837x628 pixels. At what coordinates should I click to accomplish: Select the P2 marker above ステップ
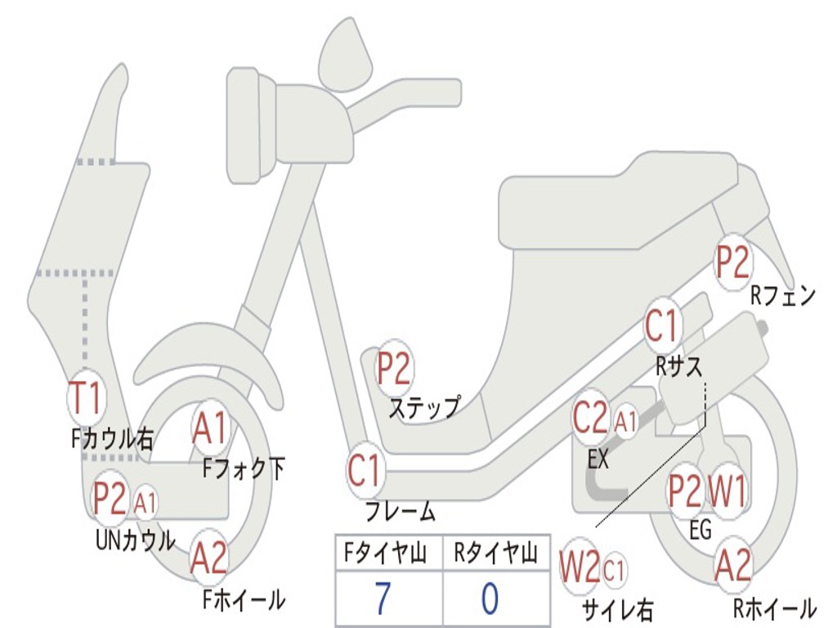coord(393,370)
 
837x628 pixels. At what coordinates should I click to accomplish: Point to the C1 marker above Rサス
coord(662,326)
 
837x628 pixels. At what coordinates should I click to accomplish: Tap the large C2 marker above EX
coord(591,419)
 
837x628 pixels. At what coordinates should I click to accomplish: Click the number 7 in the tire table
coord(383,599)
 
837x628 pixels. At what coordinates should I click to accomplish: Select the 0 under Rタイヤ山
coord(490,599)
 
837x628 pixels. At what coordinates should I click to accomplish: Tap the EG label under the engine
coord(700,530)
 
